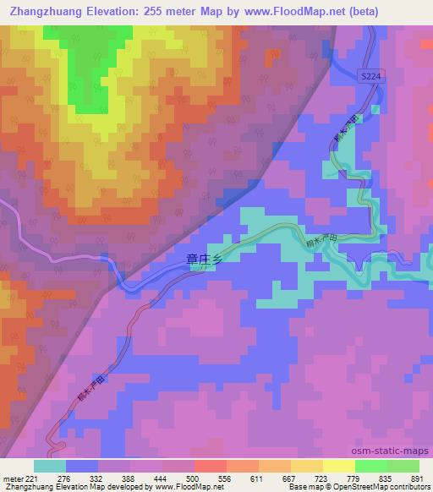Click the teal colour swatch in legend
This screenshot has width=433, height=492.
click(x=50, y=466)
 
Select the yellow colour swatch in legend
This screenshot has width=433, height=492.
click(x=338, y=466)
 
